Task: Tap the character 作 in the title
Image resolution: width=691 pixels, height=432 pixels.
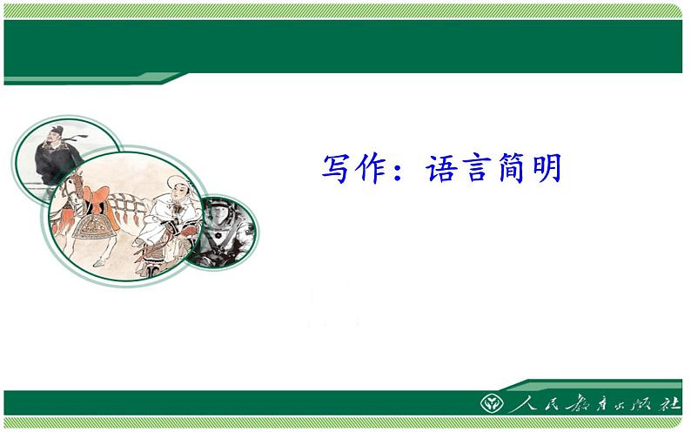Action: (x=378, y=168)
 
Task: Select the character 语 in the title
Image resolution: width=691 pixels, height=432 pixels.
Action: (x=443, y=168)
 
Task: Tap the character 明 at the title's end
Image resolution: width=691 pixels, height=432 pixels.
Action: (x=549, y=168)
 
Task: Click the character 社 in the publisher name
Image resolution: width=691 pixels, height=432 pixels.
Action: (x=669, y=406)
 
